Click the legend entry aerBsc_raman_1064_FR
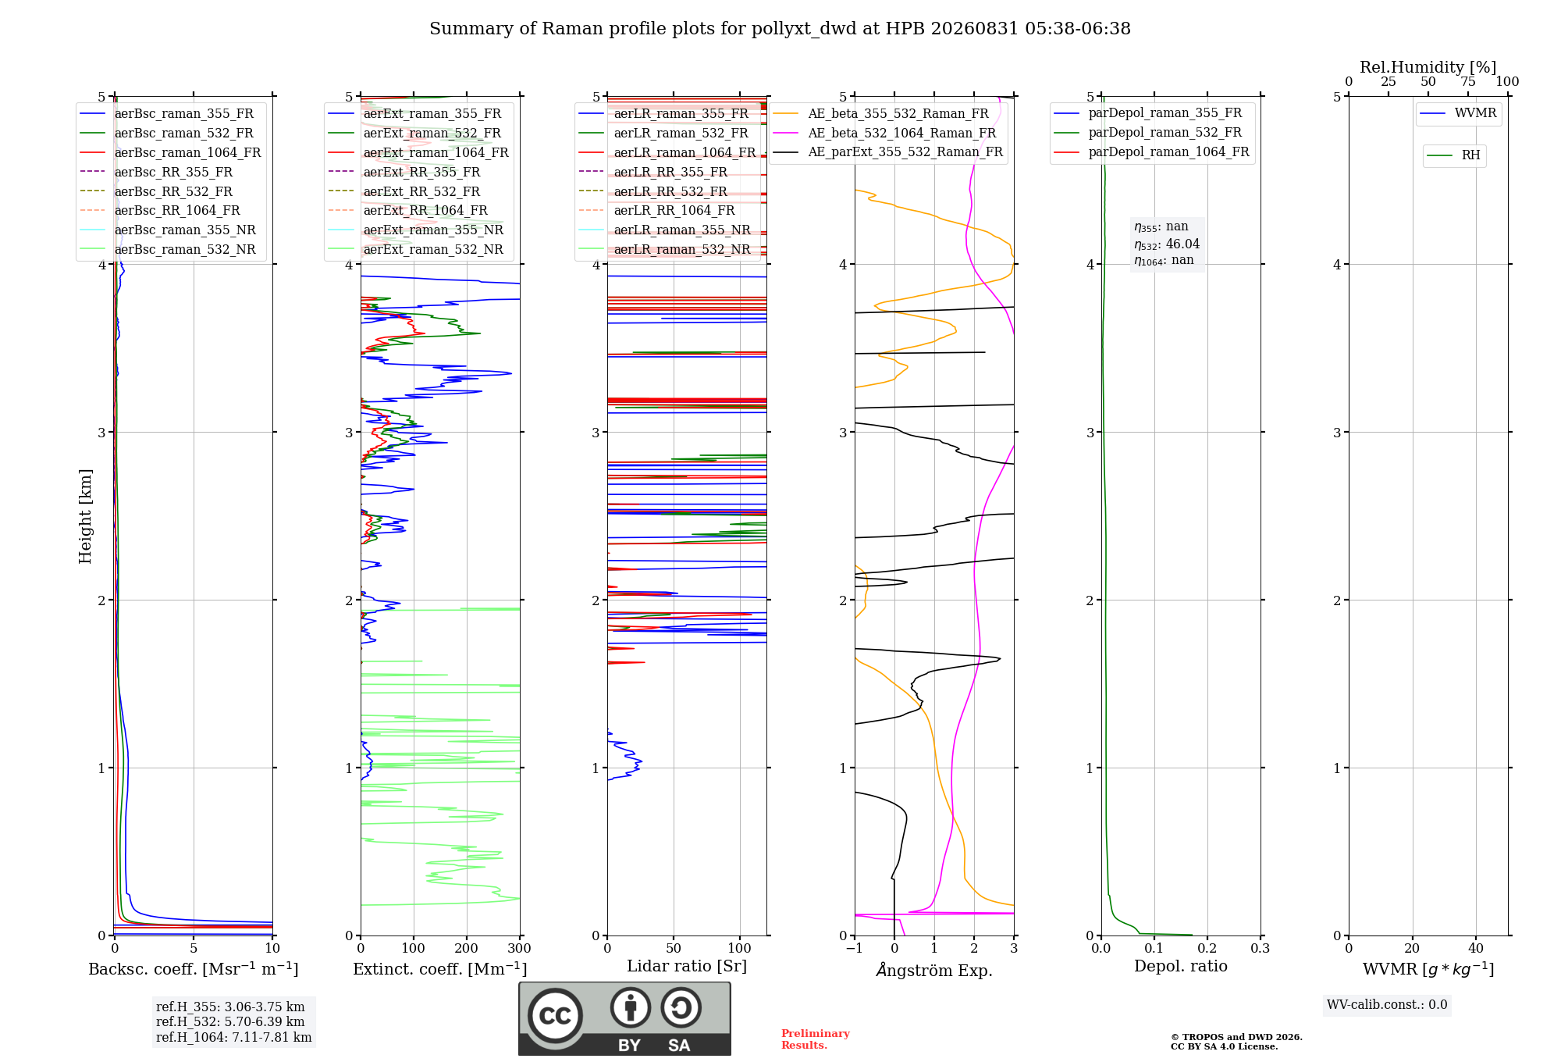tap(170, 153)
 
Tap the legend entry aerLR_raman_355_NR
tap(664, 230)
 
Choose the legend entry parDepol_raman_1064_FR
tap(1151, 152)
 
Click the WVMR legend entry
tap(1458, 113)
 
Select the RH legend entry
tap(1453, 155)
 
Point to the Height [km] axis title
tap(85, 516)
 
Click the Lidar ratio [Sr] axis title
tap(687, 966)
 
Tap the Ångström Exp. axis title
tap(934, 970)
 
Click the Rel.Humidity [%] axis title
tap(1428, 67)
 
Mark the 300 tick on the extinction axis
tap(520, 949)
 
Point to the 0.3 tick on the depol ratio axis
tap(1260, 949)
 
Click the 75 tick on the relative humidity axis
tap(1468, 82)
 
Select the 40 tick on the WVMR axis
tap(1476, 949)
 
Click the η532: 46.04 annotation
tap(1167, 244)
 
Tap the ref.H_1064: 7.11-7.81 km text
tap(233, 1038)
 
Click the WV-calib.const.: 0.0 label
tap(1387, 1005)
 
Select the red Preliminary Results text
tap(816, 1039)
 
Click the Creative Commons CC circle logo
tap(555, 1016)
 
